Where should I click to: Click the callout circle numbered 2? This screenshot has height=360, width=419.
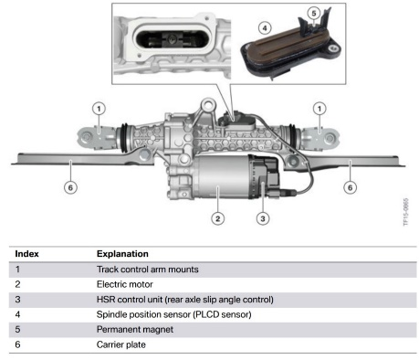pos(217,218)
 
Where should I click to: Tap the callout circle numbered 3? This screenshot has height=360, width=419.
pos(263,218)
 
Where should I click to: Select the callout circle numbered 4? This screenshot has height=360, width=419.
pos(265,28)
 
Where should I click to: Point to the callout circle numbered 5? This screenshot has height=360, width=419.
pos(314,13)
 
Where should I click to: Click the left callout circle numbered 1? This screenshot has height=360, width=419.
pos(99,109)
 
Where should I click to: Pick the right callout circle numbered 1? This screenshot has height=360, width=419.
pos(319,109)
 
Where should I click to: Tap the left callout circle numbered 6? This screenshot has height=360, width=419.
pos(70,187)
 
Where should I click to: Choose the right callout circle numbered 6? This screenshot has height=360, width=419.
pos(350,187)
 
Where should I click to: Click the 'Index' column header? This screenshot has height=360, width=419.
pos(26,254)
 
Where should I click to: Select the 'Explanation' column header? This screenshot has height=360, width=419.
pos(122,254)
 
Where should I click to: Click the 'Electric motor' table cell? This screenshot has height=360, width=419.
pos(125,284)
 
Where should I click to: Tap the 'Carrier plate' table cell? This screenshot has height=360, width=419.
pos(121,344)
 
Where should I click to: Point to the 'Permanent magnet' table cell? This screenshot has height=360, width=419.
pos(135,329)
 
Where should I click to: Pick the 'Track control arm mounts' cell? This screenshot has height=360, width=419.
pos(148,270)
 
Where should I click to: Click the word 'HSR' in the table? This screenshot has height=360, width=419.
pos(106,300)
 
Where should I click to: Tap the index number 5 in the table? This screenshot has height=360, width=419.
pos(17,329)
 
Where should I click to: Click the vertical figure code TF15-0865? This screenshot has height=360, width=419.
pos(406,212)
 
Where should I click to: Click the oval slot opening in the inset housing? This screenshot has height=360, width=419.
pos(172,40)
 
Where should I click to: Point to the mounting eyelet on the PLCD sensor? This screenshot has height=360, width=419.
pos(334,48)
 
